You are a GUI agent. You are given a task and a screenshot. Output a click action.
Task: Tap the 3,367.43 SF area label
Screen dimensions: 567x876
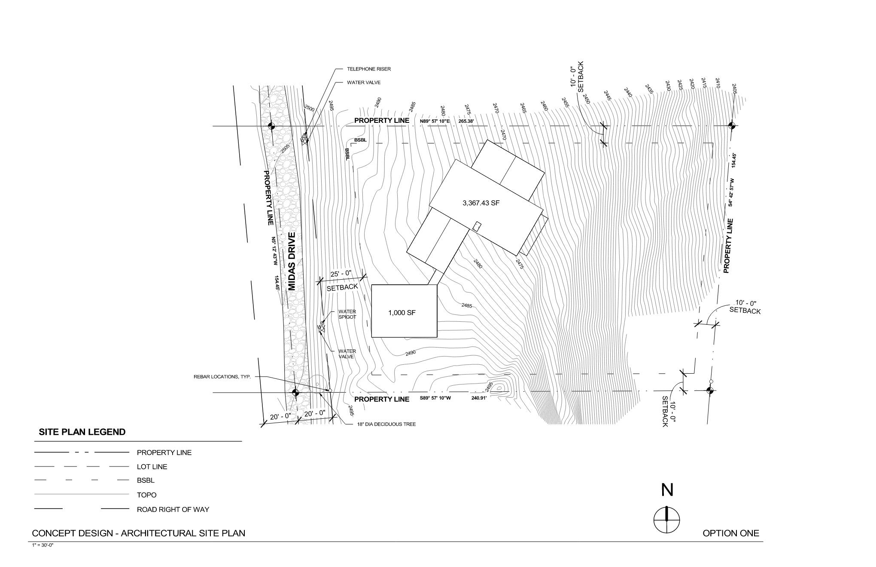[x=481, y=203]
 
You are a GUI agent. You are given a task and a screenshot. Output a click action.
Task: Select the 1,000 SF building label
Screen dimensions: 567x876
[x=402, y=313]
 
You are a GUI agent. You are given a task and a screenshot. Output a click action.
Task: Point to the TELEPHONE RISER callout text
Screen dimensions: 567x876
[x=369, y=69]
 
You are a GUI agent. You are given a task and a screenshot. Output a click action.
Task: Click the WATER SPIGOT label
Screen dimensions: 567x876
[x=347, y=314]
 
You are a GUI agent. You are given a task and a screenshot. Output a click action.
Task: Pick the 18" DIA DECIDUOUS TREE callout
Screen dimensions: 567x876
[x=386, y=424]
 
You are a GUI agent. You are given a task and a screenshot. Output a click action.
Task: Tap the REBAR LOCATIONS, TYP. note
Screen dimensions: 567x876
[x=222, y=377]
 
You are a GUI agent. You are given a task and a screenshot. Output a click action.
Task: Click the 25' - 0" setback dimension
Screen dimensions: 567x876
[x=341, y=274]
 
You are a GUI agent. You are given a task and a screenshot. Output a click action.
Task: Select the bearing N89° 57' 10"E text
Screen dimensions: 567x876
[x=435, y=122]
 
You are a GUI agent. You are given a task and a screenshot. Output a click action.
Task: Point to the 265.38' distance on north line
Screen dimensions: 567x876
[x=466, y=122]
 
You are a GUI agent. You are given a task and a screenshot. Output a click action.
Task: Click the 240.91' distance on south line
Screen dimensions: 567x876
[x=479, y=399]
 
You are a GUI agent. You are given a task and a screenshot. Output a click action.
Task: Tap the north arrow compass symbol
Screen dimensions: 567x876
[x=666, y=520]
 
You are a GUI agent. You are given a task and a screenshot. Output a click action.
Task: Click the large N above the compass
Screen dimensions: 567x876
[x=667, y=490]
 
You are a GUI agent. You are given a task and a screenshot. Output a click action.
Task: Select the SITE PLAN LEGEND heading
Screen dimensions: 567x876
[x=82, y=432]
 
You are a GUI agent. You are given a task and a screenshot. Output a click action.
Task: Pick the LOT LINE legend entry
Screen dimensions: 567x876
[x=152, y=467]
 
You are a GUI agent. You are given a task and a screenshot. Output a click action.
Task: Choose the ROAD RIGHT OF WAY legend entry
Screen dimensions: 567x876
[x=173, y=510]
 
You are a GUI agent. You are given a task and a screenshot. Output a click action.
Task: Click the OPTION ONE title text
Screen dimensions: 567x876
[x=730, y=533]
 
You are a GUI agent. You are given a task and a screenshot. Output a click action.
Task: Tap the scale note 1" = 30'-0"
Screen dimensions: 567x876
[x=43, y=545]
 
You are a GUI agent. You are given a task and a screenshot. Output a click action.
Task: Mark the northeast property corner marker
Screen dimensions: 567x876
[x=732, y=126]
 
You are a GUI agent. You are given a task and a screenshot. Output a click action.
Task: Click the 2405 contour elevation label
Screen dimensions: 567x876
[x=734, y=89]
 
